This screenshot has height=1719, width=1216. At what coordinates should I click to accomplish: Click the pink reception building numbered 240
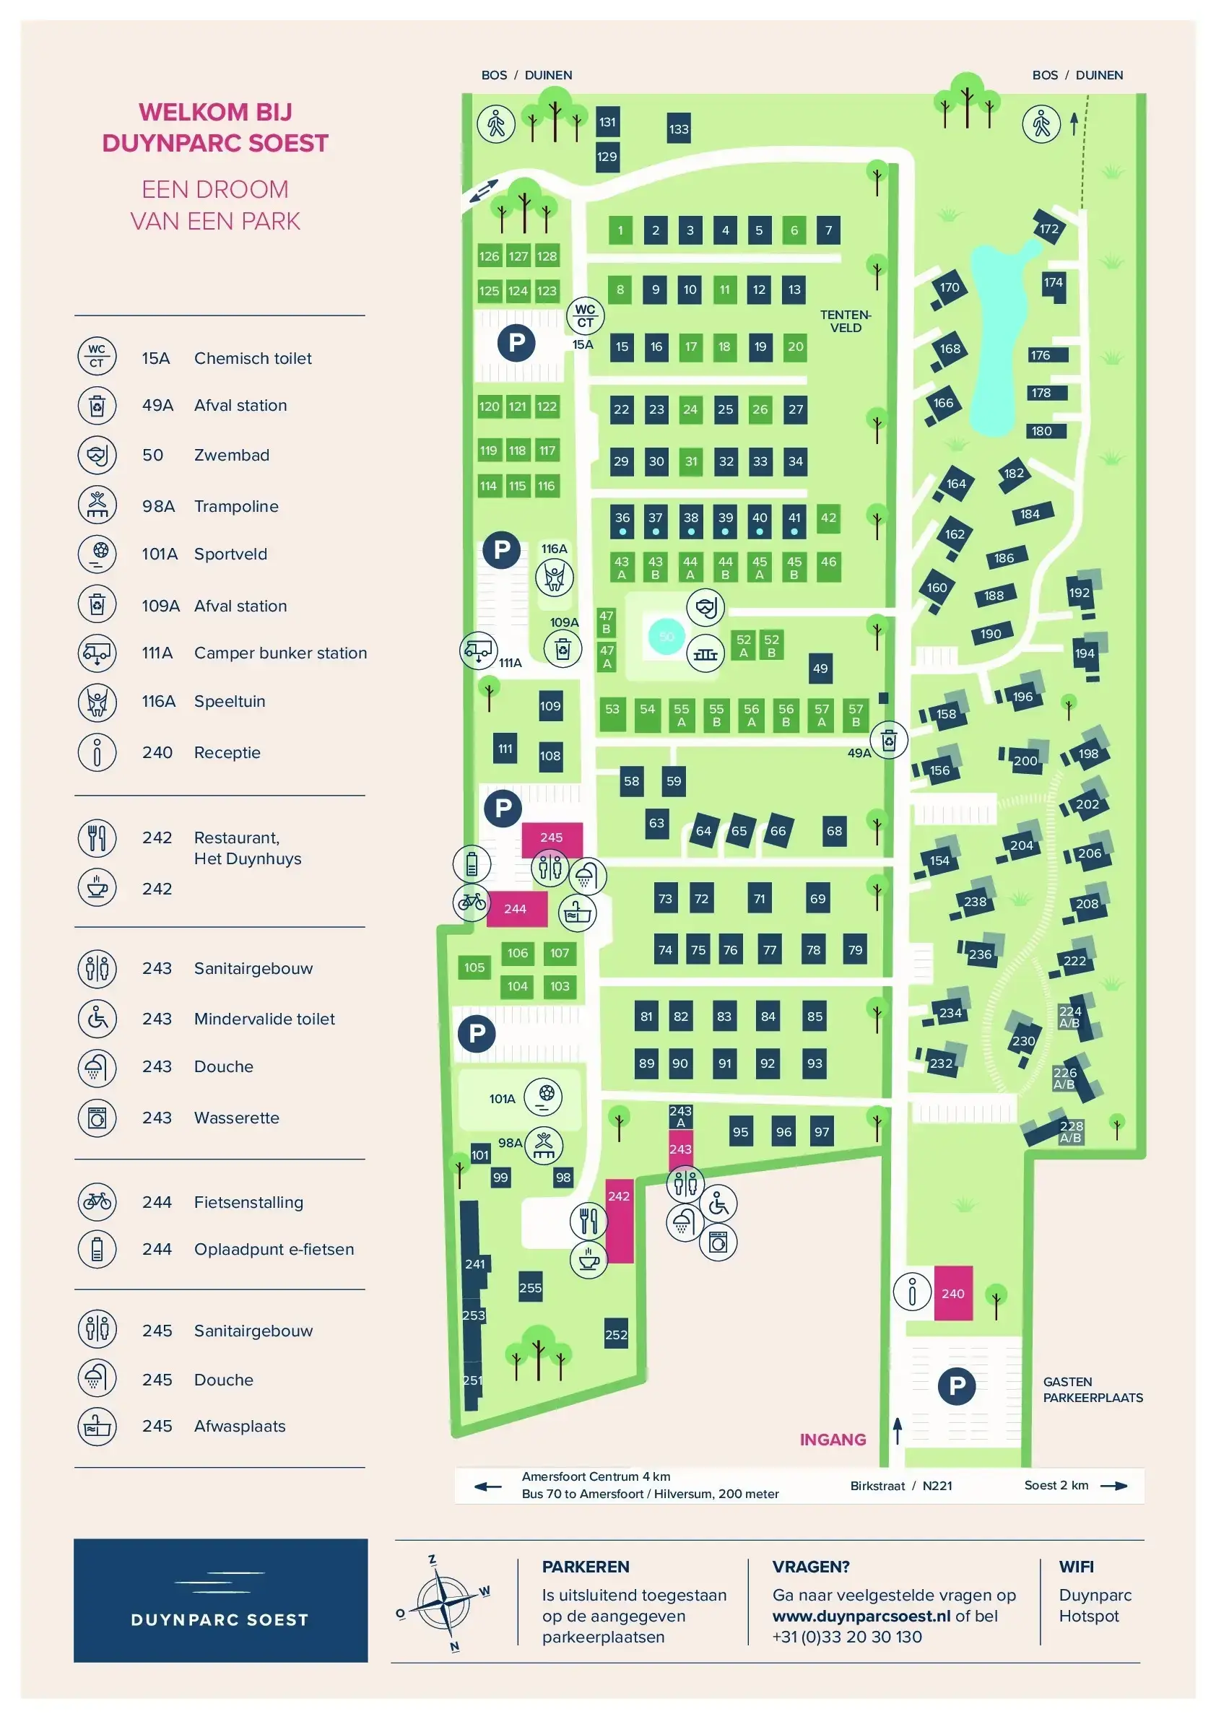pyautogui.click(x=952, y=1293)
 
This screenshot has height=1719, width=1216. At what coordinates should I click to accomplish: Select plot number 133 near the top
pyautogui.click(x=678, y=129)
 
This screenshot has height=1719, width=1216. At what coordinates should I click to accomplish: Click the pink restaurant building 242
pyautogui.click(x=620, y=1221)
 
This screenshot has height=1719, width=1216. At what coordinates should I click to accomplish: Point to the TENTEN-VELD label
pyautogui.click(x=846, y=321)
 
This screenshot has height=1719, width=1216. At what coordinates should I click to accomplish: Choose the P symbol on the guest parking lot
pyautogui.click(x=956, y=1386)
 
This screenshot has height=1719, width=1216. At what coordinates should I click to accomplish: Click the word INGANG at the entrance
pyautogui.click(x=833, y=1439)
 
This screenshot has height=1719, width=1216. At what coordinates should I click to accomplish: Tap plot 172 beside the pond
pyautogui.click(x=1049, y=229)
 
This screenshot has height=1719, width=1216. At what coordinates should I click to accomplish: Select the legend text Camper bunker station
pyautogui.click(x=280, y=653)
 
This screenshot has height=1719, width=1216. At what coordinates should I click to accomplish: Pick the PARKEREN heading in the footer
pyautogui.click(x=586, y=1566)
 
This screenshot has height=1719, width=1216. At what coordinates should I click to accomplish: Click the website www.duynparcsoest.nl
pyautogui.click(x=861, y=1616)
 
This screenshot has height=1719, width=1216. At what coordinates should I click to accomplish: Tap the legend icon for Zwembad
pyautogui.click(x=97, y=454)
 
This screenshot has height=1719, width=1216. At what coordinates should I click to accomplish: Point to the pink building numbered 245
pyautogui.click(x=551, y=837)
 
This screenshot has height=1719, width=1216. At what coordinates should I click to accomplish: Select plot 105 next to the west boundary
pyautogui.click(x=474, y=967)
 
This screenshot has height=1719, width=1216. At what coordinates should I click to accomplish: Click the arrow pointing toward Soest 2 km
pyautogui.click(x=1113, y=1486)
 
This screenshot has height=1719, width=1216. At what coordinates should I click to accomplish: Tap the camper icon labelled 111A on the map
pyautogui.click(x=478, y=650)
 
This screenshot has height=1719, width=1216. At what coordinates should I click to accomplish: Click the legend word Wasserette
pyautogui.click(x=236, y=1118)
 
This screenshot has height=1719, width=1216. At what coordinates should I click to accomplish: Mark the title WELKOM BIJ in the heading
pyautogui.click(x=216, y=113)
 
